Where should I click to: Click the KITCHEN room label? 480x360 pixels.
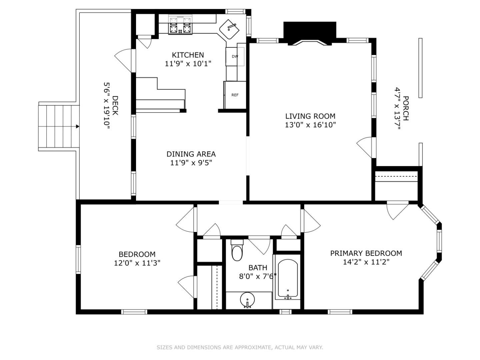point(188,55)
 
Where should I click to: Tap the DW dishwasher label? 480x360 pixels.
point(235,57)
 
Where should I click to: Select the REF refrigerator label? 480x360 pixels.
point(235,95)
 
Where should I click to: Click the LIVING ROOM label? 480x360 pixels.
point(310,116)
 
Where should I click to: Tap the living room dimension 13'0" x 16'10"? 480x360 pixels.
point(310,125)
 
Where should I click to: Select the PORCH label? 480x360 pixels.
point(405,108)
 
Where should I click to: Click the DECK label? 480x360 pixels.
point(115,106)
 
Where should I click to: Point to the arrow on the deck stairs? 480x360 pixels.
point(77,127)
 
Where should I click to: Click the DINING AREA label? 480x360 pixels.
point(191,154)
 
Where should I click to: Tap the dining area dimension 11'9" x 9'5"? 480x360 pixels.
point(191,163)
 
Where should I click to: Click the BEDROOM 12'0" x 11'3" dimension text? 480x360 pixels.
point(137,263)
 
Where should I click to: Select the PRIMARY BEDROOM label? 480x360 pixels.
point(366,253)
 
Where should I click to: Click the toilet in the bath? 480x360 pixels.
point(237,250)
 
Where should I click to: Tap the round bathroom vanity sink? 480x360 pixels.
point(247,300)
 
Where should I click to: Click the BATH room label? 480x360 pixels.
point(258,268)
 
